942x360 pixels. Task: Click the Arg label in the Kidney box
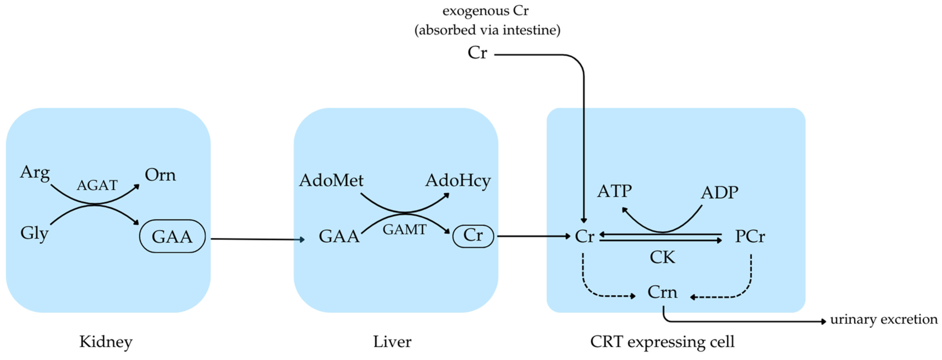pyautogui.click(x=35, y=172)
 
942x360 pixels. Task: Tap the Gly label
pyautogui.click(x=34, y=233)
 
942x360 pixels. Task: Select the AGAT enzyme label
pyautogui.click(x=97, y=185)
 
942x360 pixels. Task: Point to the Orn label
pyautogui.click(x=160, y=175)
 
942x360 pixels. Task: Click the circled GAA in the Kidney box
pyautogui.click(x=172, y=236)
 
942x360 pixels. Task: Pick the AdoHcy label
pyautogui.click(x=458, y=181)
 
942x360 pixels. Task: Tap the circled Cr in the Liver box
pyautogui.click(x=473, y=236)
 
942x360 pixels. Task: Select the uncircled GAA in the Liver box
pyautogui.click(x=339, y=236)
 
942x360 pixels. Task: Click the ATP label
pyautogui.click(x=614, y=191)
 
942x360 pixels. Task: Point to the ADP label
pyautogui.click(x=719, y=192)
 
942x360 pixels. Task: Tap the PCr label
pyautogui.click(x=750, y=236)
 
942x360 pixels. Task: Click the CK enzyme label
pyautogui.click(x=662, y=257)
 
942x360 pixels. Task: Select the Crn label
pyautogui.click(x=662, y=292)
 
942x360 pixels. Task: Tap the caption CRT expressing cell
pyautogui.click(x=662, y=342)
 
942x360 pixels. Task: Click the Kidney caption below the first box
pyautogui.click(x=106, y=342)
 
